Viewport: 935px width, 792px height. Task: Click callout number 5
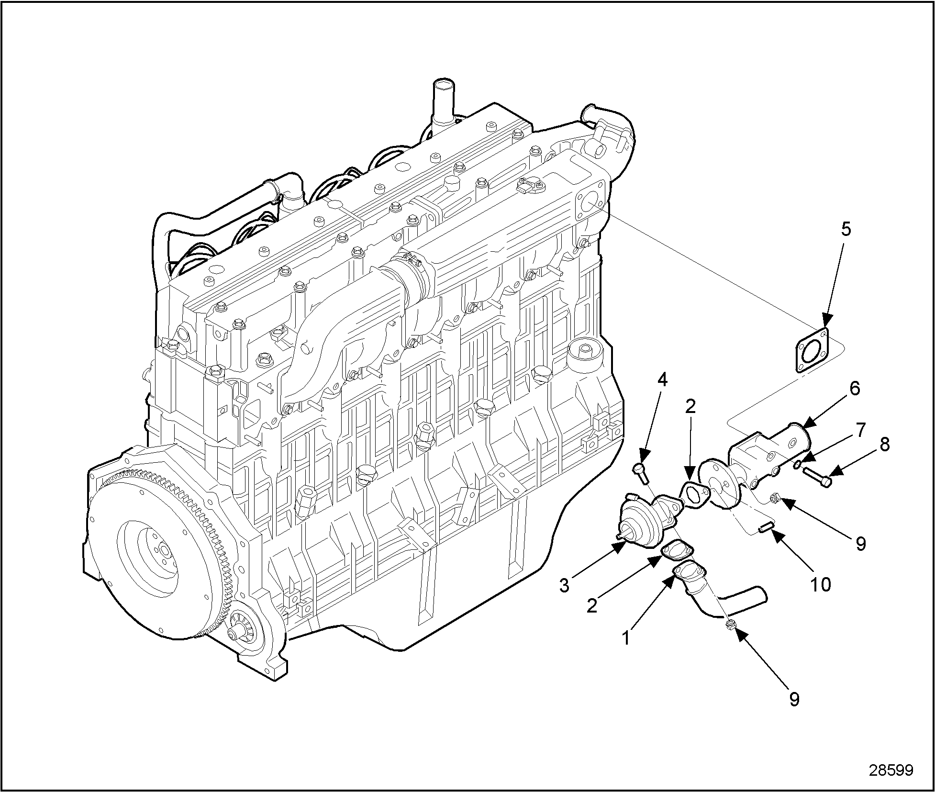(846, 230)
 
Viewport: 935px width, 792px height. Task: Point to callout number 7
(861, 430)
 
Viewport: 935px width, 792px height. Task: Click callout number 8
(884, 445)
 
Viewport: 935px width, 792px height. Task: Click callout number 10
(821, 584)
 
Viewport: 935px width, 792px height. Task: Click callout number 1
(625, 638)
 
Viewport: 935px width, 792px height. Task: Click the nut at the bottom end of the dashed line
(730, 624)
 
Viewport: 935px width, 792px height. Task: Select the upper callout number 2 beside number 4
(690, 406)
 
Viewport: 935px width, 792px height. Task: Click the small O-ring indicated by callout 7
(798, 465)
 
